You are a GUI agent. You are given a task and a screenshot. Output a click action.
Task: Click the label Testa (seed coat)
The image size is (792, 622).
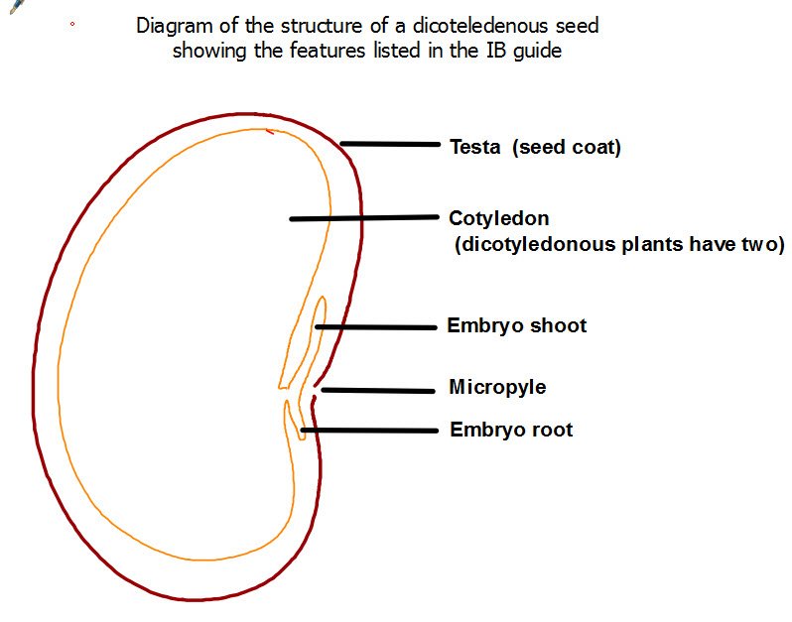tap(535, 148)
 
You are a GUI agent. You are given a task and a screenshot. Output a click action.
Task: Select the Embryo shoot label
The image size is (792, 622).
tap(517, 325)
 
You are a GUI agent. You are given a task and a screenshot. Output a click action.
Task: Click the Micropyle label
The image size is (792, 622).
tap(497, 387)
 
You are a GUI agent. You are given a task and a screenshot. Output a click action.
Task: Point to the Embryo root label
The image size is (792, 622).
tap(511, 430)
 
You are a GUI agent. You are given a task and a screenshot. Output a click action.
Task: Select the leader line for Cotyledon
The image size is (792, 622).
tap(363, 218)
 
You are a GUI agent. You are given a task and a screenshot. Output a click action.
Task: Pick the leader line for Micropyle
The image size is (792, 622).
tap(380, 390)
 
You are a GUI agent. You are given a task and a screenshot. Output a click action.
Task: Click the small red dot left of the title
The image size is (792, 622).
tap(72, 24)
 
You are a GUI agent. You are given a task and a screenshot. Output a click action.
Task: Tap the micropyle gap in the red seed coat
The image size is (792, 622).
tap(316, 390)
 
